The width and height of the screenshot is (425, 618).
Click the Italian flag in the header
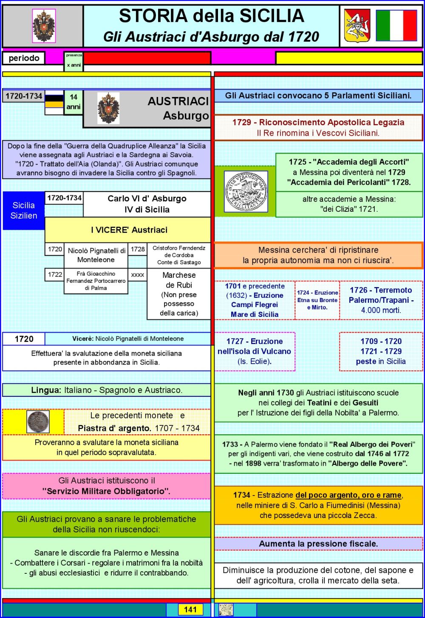pyautogui.click(x=397, y=26)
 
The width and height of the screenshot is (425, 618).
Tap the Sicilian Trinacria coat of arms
pyautogui.click(x=357, y=26)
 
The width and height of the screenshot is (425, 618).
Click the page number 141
pyautogui.click(x=190, y=610)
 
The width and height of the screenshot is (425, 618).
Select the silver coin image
pyautogui.click(x=38, y=421)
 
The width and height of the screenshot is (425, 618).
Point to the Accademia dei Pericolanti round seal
pyautogui.click(x=246, y=191)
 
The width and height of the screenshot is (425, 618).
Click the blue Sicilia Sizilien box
pyautogui.click(x=24, y=211)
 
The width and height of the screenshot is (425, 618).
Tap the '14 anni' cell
pyautogui.click(x=74, y=102)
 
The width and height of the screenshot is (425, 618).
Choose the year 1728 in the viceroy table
pyautogui.click(x=138, y=249)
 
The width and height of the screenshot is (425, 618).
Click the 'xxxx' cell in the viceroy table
pyautogui.click(x=138, y=275)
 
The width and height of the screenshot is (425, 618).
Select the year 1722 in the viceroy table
pyautogui.click(x=55, y=274)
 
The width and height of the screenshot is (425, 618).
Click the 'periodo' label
pyautogui.click(x=24, y=58)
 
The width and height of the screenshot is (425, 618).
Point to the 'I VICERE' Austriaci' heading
pyautogui.click(x=129, y=230)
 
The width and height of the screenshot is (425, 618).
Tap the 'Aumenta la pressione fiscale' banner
pyautogui.click(x=318, y=544)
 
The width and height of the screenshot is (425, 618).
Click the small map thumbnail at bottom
pyautogui.click(x=226, y=610)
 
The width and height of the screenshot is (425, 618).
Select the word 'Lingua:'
pyautogui.click(x=46, y=390)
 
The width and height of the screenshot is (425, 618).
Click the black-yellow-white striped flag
pyautogui.click(x=54, y=103)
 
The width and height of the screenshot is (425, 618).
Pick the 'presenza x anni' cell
pyautogui.click(x=74, y=60)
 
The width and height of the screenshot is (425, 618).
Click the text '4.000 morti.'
pyautogui.click(x=381, y=310)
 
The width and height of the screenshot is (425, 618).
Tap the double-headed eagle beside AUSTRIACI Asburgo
pyautogui.click(x=108, y=108)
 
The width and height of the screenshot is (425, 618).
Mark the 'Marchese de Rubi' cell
pyautogui.click(x=179, y=294)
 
